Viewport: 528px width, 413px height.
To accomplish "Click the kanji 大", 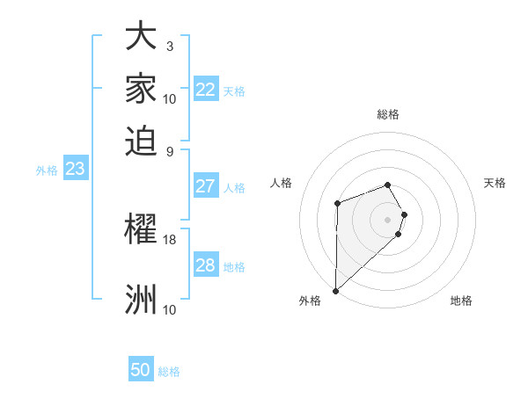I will [x=141, y=39].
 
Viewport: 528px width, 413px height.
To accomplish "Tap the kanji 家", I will [x=141, y=88].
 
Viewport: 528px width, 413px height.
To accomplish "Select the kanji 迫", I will [x=141, y=138].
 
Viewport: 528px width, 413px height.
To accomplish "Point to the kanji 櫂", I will [x=141, y=230].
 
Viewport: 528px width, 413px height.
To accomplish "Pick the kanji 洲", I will [x=141, y=299].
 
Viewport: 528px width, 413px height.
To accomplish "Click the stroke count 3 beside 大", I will [x=170, y=46].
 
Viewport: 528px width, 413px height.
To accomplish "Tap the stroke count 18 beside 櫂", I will [x=170, y=239].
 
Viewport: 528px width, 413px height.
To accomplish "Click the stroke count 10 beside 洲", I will [x=170, y=308].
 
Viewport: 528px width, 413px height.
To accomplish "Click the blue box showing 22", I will [x=206, y=90].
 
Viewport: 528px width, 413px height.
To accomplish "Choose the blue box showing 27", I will [x=206, y=186].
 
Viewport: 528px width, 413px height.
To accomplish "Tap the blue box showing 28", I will [x=206, y=265].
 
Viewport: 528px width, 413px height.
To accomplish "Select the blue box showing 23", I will [x=75, y=169].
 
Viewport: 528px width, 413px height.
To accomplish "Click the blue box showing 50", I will [x=141, y=370].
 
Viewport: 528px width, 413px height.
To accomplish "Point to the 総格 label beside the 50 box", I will [x=169, y=372].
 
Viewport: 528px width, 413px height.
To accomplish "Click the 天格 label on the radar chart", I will [x=495, y=183].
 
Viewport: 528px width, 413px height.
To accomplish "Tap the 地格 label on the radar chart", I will [x=461, y=301].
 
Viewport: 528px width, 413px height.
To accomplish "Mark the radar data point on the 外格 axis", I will [x=335, y=290].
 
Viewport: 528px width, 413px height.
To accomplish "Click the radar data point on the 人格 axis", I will [x=337, y=204].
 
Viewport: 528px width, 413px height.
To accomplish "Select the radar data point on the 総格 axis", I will [x=387, y=185].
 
